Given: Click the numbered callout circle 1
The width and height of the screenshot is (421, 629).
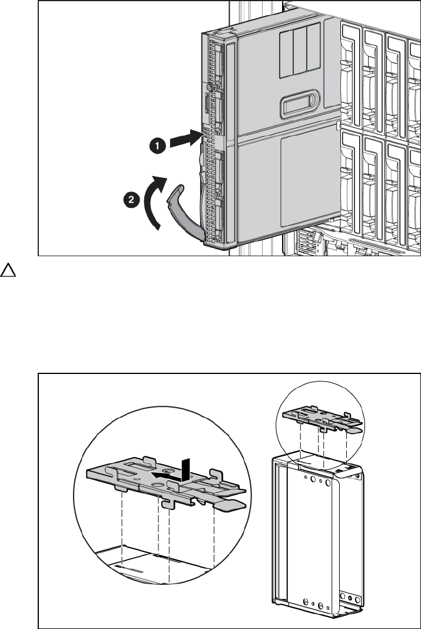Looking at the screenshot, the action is (x=158, y=145).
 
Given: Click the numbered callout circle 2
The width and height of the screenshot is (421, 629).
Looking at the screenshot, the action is (x=131, y=200).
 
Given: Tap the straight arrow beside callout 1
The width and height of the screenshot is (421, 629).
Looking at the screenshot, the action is (x=185, y=139).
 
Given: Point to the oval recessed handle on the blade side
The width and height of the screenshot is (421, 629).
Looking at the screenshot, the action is (x=300, y=104).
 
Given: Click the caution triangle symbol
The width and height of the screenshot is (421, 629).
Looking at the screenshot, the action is (x=8, y=270).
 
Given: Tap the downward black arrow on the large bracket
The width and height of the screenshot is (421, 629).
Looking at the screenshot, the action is (x=185, y=470).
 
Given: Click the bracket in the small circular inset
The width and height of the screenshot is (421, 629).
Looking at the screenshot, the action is (x=322, y=419).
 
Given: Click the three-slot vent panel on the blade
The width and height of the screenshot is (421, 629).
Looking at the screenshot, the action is (x=300, y=49).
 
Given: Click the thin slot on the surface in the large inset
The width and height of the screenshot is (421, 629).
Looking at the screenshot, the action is (x=128, y=568).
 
